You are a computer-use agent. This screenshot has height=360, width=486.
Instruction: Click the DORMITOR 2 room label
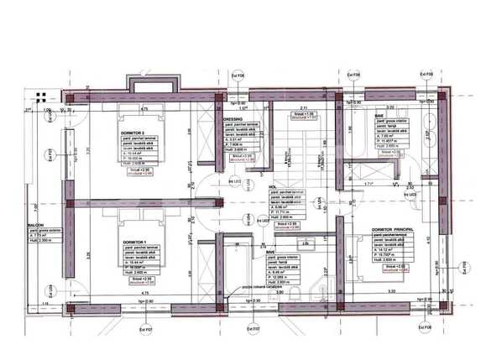pyautogui.click(x=133, y=133)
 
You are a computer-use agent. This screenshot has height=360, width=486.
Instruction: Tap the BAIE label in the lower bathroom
pyautogui.click(x=270, y=251)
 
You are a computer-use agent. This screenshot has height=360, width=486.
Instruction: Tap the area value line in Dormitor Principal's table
pyautogui.click(x=388, y=250)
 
